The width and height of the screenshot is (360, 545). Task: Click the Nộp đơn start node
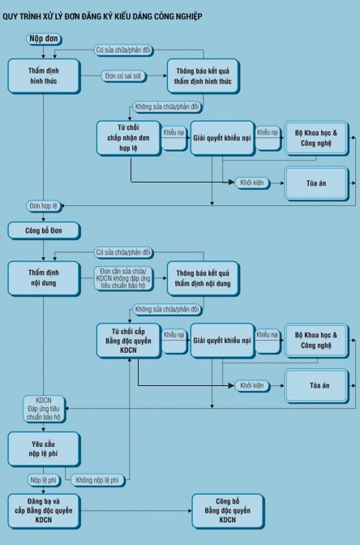click(x=44, y=39)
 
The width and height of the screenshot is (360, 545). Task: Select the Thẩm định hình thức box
click(x=44, y=75)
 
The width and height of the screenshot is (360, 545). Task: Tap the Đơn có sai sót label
click(x=123, y=75)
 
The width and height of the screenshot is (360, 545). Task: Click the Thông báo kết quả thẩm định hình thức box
click(x=203, y=75)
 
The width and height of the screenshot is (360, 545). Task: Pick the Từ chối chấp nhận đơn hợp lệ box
click(x=129, y=138)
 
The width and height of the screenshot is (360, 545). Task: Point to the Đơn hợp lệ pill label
click(x=44, y=206)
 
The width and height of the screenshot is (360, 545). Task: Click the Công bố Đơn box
click(x=44, y=230)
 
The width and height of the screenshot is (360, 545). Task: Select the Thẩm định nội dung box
click(x=44, y=278)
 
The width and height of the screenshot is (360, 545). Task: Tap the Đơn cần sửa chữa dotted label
click(x=123, y=278)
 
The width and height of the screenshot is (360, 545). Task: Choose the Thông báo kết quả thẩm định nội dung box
click(x=203, y=278)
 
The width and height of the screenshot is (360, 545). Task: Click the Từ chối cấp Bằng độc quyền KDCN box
click(x=129, y=341)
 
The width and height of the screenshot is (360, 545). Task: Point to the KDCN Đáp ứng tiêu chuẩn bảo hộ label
click(x=44, y=409)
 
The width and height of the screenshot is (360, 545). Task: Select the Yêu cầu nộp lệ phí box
click(x=44, y=448)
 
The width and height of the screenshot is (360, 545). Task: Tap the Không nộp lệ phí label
click(x=97, y=480)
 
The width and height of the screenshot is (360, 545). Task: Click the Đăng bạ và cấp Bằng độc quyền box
click(x=44, y=511)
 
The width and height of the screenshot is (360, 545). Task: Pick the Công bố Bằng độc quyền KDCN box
click(x=228, y=511)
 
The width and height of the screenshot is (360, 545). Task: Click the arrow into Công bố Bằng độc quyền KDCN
click(x=136, y=511)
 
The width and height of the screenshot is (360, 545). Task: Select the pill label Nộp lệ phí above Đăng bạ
click(x=44, y=480)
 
